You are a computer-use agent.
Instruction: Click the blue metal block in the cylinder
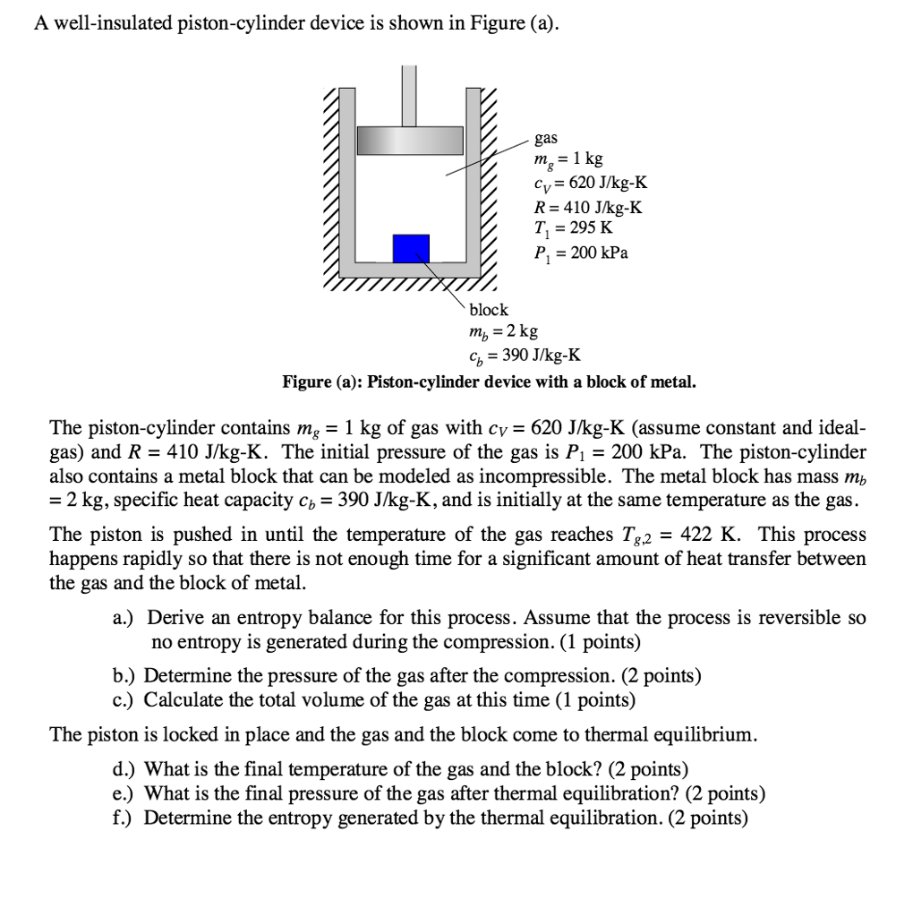pos(411,249)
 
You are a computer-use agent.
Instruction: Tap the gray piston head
pos(410,140)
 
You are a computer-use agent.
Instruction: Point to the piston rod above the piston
pos(409,95)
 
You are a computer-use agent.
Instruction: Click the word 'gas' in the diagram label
pos(545,138)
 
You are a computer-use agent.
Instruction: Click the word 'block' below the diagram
pos(489,309)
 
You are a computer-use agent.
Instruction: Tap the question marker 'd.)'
pos(125,768)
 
